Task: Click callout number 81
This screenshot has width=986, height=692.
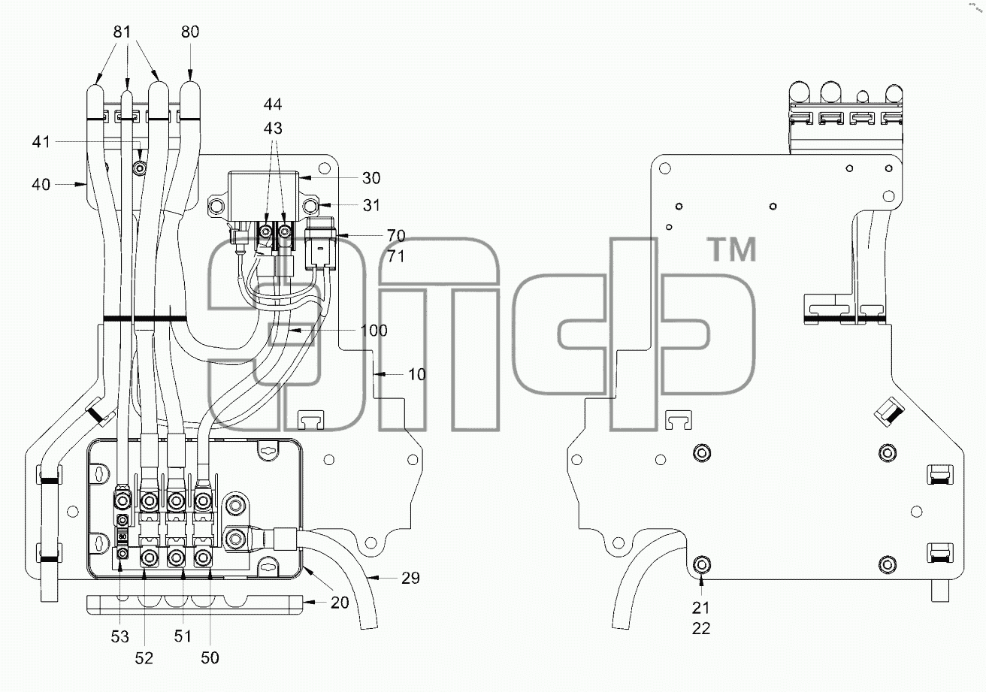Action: pos(122,32)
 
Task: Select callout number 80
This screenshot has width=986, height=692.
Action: pos(190,32)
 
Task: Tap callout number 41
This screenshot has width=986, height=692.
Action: pos(41,142)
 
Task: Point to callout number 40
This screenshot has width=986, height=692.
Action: pos(41,184)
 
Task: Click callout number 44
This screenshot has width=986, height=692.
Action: pos(273,104)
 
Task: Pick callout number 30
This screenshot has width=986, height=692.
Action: pos(371,178)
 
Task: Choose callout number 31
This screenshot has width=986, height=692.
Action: pos(371,204)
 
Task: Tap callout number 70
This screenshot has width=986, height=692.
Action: pos(396,235)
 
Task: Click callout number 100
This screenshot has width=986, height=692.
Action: pos(374,330)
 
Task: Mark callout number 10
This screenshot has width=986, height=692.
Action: pos(417,375)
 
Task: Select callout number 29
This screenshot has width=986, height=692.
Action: pos(410,578)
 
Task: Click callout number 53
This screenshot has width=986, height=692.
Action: pos(119,636)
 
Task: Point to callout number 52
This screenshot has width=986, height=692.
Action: pos(144,657)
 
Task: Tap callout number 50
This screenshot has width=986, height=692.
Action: pos(210,657)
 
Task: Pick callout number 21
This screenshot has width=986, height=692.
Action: pos(700,608)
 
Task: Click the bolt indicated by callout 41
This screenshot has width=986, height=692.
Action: pos(140,168)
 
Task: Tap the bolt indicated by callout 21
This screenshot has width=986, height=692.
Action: pos(701,564)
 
